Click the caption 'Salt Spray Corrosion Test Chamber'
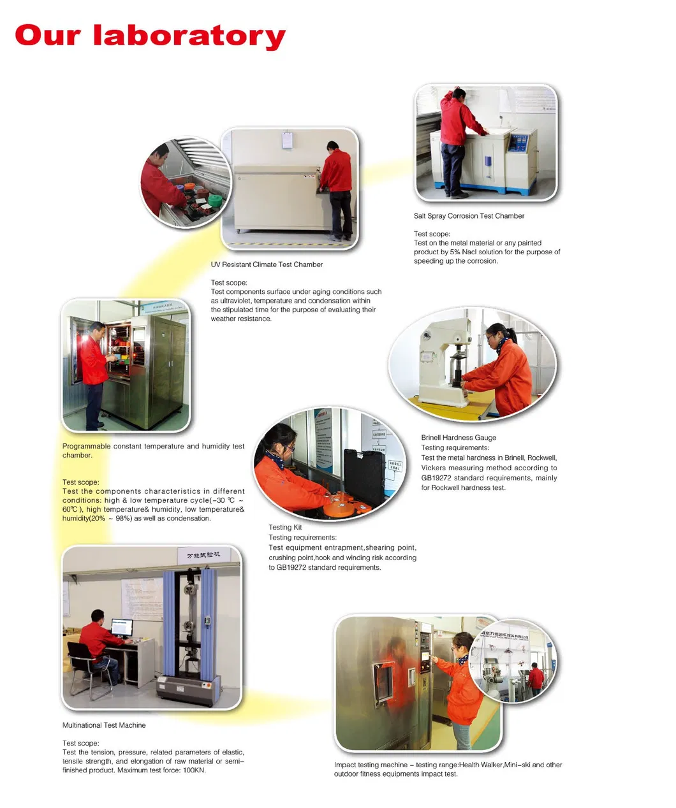pyautogui.click(x=469, y=216)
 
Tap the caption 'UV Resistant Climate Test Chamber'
pyautogui.click(x=267, y=264)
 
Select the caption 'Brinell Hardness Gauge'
pyautogui.click(x=458, y=438)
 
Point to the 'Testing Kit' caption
pyautogui.click(x=285, y=528)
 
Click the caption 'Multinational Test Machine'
pyautogui.click(x=104, y=725)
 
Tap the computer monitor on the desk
pyautogui.click(x=122, y=627)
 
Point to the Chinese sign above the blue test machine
pyautogui.click(x=203, y=556)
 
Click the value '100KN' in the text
pyautogui.click(x=195, y=770)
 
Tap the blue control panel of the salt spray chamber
pyautogui.click(x=524, y=143)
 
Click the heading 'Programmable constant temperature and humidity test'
pyautogui.click(x=153, y=447)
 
